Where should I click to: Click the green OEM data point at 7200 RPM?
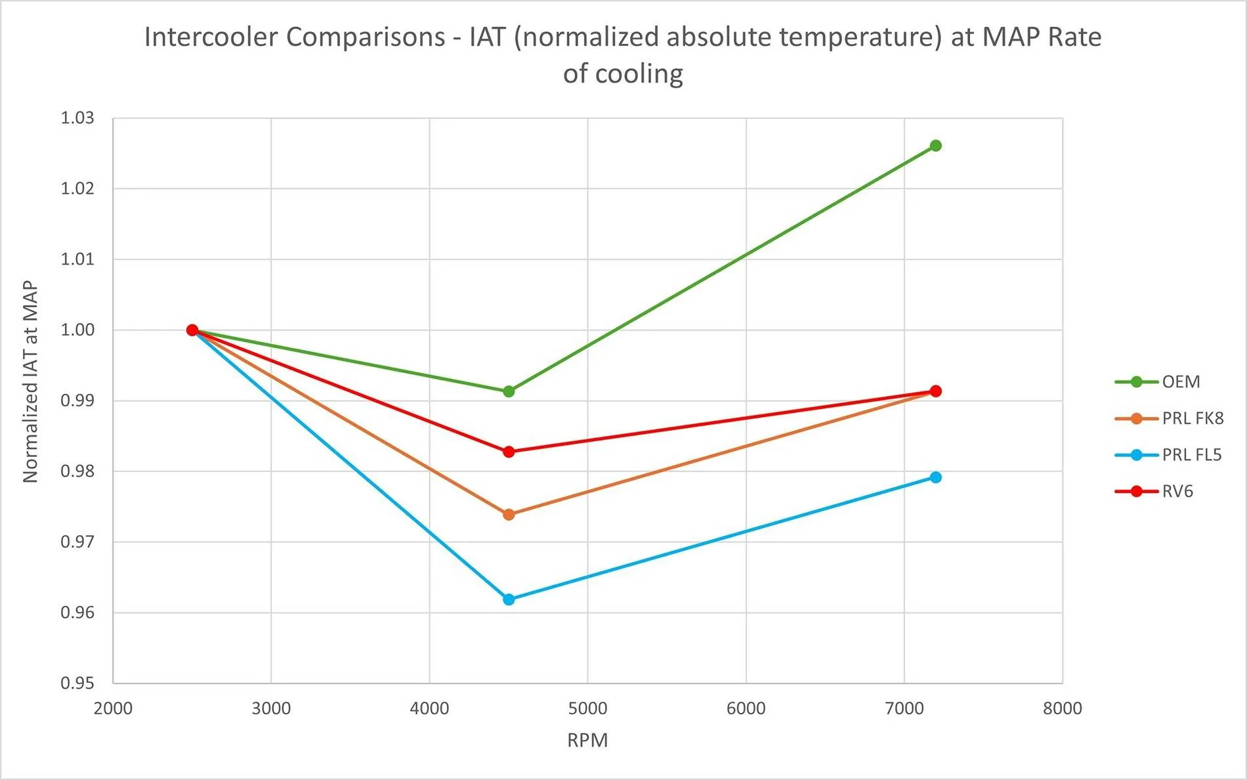935,146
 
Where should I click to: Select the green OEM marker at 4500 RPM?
509,391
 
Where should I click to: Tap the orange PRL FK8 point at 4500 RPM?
509,515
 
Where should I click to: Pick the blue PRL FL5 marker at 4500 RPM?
509,599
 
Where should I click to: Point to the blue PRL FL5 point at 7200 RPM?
935,477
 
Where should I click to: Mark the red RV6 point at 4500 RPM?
509,452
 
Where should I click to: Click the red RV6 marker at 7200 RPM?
935,391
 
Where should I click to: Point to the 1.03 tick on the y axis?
77,118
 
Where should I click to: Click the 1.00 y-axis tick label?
77,330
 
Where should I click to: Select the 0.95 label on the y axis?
77,683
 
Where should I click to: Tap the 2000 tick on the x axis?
113,709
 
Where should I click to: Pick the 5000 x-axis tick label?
587,709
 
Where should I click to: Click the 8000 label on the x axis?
1062,709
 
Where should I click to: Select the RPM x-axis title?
587,741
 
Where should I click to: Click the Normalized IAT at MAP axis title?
30,381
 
